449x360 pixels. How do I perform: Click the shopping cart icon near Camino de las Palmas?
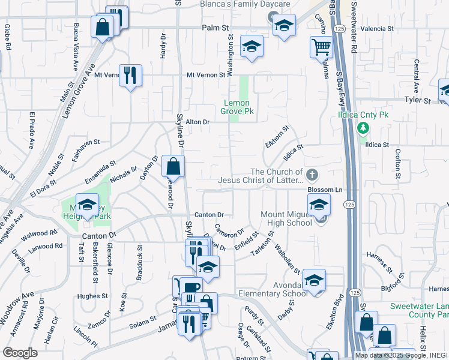[x=322, y=46]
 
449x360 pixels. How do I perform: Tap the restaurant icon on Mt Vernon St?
[x=130, y=76]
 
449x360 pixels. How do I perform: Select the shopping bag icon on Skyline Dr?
[x=173, y=166]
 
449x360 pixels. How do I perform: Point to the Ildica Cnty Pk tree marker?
[x=363, y=128]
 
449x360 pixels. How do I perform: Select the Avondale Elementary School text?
[x=273, y=289]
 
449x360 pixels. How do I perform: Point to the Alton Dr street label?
[x=197, y=122]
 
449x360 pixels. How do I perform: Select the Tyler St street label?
[x=418, y=100]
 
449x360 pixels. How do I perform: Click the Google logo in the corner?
[x=20, y=353]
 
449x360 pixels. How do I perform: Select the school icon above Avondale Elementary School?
[x=314, y=280]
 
